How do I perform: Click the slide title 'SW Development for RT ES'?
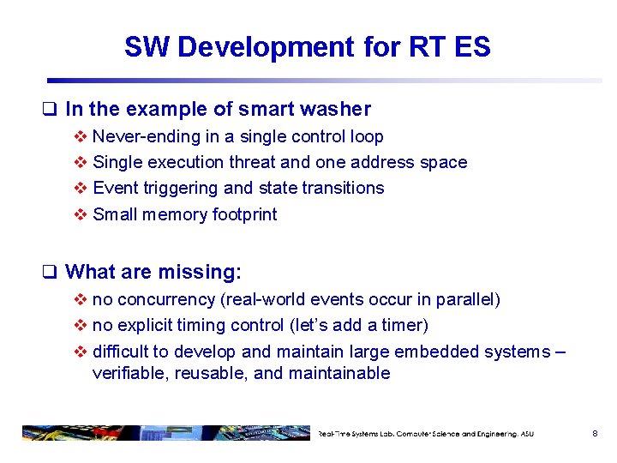coord(307,46)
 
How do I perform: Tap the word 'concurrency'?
coord(159,299)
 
